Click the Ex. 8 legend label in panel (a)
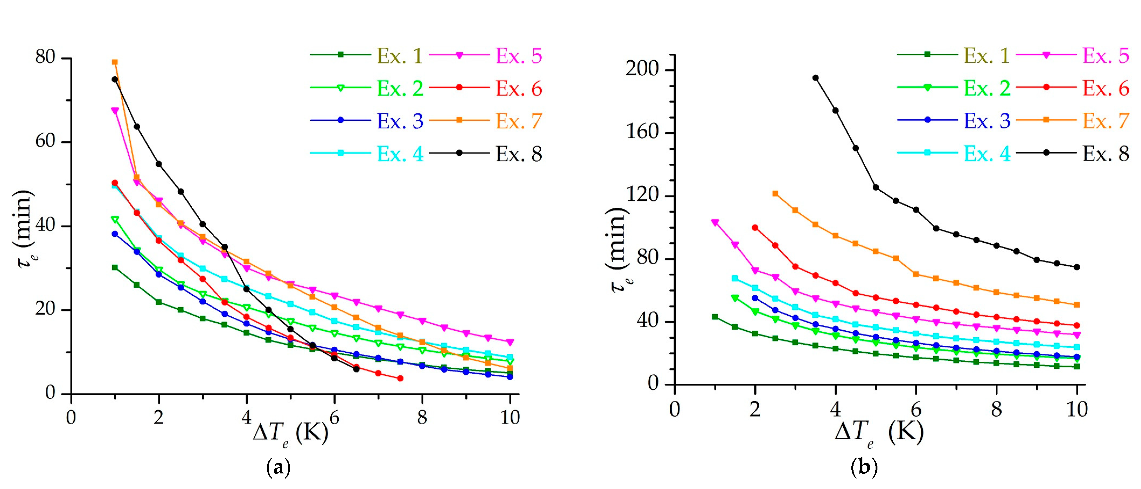[x=519, y=154]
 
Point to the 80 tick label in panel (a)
[x=45, y=57]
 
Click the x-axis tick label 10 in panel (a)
[x=510, y=417]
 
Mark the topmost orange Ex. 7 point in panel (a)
[x=115, y=62]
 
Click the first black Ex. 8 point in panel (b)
[x=815, y=78]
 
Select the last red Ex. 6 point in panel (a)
[x=400, y=378]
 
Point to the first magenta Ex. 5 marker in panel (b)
[x=715, y=222]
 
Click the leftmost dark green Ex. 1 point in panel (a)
[x=115, y=267]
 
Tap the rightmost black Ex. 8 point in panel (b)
[x=1077, y=267]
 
